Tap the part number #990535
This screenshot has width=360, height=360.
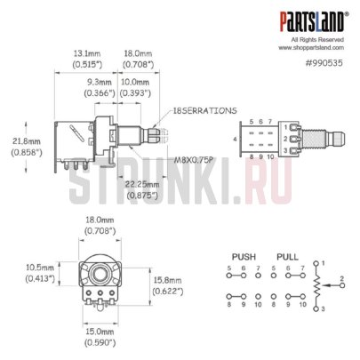324,63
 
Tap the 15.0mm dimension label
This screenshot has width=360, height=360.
100,335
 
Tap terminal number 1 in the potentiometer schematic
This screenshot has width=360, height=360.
324,264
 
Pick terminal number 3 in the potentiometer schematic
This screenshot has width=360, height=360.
324,308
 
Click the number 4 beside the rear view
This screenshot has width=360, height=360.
235,140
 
